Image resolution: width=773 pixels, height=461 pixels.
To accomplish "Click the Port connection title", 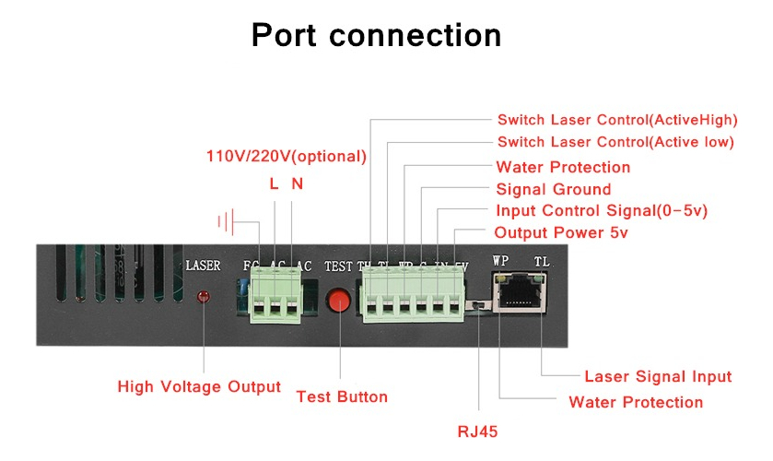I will point(377,35).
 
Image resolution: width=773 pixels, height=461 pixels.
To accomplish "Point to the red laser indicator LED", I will point(203,297).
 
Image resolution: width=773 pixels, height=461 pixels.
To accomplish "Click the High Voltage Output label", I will point(199,386).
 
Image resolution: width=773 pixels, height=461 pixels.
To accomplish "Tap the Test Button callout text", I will point(342,396).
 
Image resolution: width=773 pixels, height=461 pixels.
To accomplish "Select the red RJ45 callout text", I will point(479,430).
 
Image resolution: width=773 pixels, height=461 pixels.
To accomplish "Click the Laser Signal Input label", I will point(658,376).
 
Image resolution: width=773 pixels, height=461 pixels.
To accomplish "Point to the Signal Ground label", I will point(553,190).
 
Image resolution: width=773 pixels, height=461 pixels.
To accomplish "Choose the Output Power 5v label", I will point(560,232).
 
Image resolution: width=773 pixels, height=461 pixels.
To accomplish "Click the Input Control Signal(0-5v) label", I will point(601,211).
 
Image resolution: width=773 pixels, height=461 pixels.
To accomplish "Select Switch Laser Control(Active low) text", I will point(615,142).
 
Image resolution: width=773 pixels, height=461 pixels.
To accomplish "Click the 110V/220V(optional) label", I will point(287,156).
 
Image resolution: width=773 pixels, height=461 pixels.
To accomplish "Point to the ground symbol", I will point(228,221).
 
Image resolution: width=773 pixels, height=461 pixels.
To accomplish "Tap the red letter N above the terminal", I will point(297,183).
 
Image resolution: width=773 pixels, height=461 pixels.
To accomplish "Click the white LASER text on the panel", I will point(203,266).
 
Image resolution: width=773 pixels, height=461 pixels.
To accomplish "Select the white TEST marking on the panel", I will point(338,266).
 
